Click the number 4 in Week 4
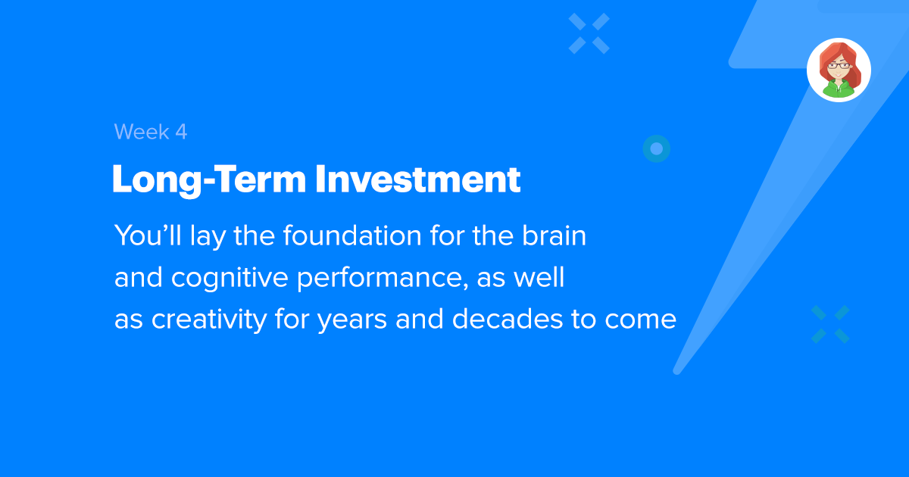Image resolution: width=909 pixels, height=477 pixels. point(181,132)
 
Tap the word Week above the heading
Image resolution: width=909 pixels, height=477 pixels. point(142,132)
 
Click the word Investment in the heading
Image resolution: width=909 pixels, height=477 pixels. point(417,179)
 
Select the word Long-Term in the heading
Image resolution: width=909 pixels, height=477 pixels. point(209,180)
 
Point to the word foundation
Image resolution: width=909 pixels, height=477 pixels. point(352,235)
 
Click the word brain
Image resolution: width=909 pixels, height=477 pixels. point(554,235)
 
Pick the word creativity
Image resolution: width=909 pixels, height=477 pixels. point(209,320)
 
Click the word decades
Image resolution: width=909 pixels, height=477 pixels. point(508,319)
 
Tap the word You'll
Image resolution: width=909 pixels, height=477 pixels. point(148,235)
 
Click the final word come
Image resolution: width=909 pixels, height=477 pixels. point(640,320)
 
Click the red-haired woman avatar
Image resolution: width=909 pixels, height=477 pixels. point(839,70)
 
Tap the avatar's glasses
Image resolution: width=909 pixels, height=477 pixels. point(839,66)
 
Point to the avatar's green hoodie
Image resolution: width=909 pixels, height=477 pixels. point(839,89)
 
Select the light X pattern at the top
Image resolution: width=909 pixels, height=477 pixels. point(589,33)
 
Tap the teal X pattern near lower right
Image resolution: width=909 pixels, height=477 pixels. point(830,324)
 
